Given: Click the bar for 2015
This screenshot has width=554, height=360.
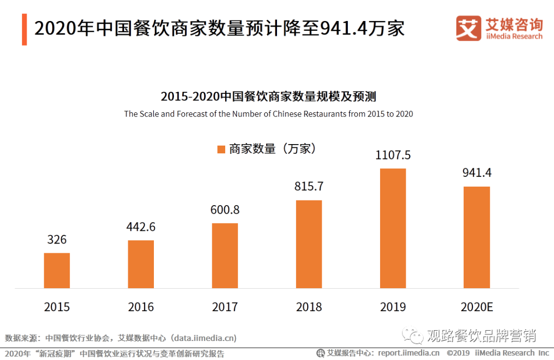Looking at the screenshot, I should click(57, 270).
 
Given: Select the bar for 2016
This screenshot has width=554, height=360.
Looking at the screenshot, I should click(141, 264).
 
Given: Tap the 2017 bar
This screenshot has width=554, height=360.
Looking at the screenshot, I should click(225, 255).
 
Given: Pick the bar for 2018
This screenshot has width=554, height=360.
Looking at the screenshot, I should click(309, 244).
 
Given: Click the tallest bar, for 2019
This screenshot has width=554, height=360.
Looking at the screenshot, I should click(393, 228).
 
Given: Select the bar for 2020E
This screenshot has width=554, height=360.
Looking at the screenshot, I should click(477, 237).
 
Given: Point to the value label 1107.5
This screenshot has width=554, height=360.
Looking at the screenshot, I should click(393, 155).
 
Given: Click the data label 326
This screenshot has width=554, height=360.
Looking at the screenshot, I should click(57, 239).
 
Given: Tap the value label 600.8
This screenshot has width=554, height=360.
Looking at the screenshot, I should click(225, 210).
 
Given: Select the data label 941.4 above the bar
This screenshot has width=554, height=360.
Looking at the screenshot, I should click(477, 173).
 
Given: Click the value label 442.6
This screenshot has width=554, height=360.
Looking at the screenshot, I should click(141, 227).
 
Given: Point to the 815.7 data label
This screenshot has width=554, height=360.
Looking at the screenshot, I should click(309, 186).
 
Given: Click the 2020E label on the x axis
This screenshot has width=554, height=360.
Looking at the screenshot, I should click(477, 307).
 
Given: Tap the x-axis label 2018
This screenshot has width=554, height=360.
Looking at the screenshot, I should click(309, 307).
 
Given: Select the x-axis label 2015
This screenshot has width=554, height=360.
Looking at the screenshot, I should click(57, 307).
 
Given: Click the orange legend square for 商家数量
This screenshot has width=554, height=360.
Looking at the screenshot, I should click(221, 149).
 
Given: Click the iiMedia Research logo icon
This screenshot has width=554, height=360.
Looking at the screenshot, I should click(468, 28).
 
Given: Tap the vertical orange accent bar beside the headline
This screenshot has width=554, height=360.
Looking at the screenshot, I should click(24, 30).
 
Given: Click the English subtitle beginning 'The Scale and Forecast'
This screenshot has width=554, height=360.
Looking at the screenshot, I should click(268, 114).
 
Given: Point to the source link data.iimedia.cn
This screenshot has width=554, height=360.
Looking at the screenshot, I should click(204, 338).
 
